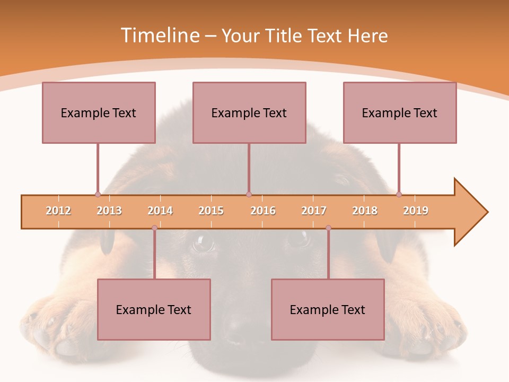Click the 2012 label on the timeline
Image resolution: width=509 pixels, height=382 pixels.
(x=58, y=211)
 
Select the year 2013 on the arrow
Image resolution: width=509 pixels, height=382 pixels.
(x=109, y=211)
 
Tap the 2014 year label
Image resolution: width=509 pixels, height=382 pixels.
(x=160, y=211)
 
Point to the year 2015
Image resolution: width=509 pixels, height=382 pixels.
(x=211, y=211)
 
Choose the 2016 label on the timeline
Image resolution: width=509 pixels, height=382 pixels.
(x=263, y=211)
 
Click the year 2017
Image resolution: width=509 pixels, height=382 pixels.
(x=314, y=211)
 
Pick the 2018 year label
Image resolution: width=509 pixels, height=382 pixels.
(x=365, y=211)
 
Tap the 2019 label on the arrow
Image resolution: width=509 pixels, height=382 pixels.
(x=416, y=211)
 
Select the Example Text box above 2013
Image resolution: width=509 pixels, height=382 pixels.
(x=99, y=112)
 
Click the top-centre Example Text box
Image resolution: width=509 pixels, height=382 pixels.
(x=249, y=112)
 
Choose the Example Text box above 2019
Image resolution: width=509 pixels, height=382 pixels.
(x=400, y=112)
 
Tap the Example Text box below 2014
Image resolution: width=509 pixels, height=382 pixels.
(x=154, y=309)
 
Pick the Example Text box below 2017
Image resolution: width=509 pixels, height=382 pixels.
(x=328, y=309)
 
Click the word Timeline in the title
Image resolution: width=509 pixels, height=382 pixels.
(x=159, y=36)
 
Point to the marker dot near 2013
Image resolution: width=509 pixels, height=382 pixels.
(x=98, y=194)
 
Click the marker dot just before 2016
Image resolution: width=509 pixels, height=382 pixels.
(x=249, y=194)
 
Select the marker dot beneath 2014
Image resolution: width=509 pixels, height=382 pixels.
(x=154, y=228)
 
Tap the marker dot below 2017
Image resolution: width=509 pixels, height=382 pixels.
(x=328, y=228)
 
